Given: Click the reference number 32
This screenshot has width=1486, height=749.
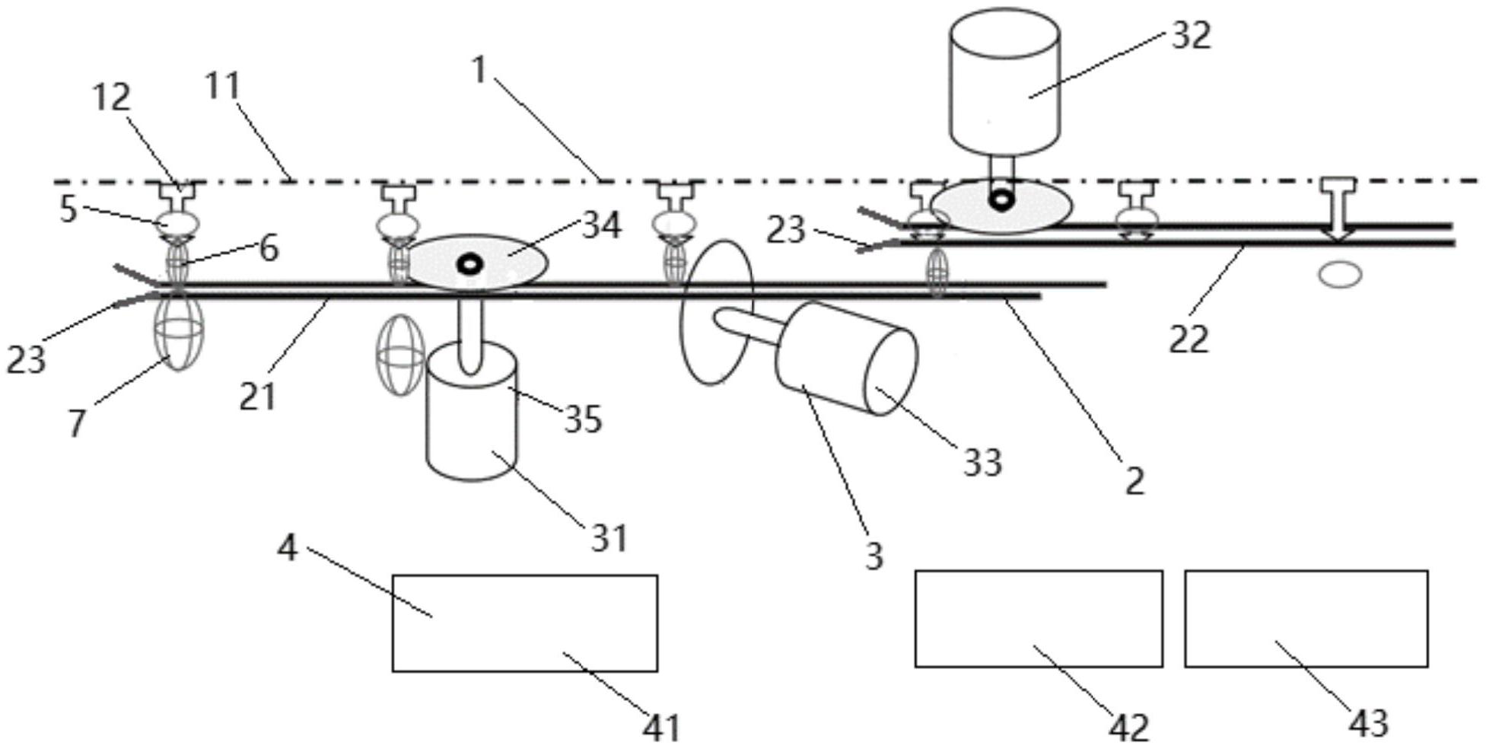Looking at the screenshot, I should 1190,35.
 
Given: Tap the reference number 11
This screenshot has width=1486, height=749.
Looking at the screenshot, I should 223,87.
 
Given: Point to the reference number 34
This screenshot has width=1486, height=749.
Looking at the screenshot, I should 601,225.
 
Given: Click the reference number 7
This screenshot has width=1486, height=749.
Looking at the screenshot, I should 76,423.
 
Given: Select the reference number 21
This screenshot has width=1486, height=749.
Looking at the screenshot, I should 256,396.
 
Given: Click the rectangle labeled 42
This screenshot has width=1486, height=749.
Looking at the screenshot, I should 1038,618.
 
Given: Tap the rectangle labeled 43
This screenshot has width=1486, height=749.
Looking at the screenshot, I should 1306,618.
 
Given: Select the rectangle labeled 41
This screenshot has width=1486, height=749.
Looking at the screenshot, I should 524,623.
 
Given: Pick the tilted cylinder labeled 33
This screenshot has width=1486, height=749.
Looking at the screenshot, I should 845,358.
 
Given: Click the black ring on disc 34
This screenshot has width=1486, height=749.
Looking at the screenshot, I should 470,264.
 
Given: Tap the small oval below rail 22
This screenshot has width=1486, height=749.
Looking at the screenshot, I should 1340,274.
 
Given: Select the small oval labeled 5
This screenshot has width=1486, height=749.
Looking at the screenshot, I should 177,224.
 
